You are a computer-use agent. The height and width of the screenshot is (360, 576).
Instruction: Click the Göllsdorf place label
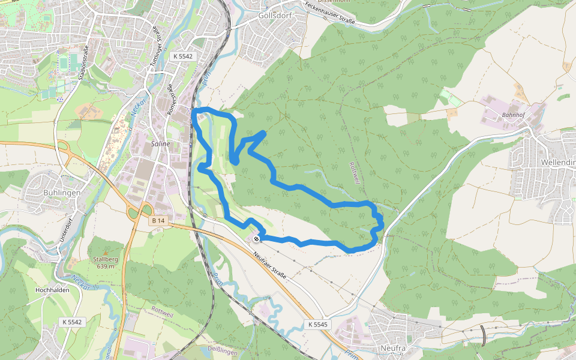(274, 16)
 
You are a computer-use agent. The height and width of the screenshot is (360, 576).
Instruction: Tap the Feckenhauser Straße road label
(329, 14)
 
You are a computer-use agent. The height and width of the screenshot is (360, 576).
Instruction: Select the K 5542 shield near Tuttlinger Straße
(183, 56)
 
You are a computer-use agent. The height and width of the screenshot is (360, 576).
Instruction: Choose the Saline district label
(161, 144)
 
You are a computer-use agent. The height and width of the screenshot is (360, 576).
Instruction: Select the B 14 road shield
(158, 221)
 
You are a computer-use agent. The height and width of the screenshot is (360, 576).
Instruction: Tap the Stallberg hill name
(104, 259)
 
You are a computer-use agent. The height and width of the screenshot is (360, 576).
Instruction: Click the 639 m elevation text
(104, 266)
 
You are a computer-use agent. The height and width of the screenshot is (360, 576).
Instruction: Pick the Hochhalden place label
(53, 290)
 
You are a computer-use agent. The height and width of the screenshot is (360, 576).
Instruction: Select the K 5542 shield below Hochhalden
(71, 322)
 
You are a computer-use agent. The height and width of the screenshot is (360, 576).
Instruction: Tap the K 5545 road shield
(318, 325)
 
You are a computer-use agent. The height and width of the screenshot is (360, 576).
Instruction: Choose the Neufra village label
(394, 347)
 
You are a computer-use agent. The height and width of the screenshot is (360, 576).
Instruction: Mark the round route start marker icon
(257, 239)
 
